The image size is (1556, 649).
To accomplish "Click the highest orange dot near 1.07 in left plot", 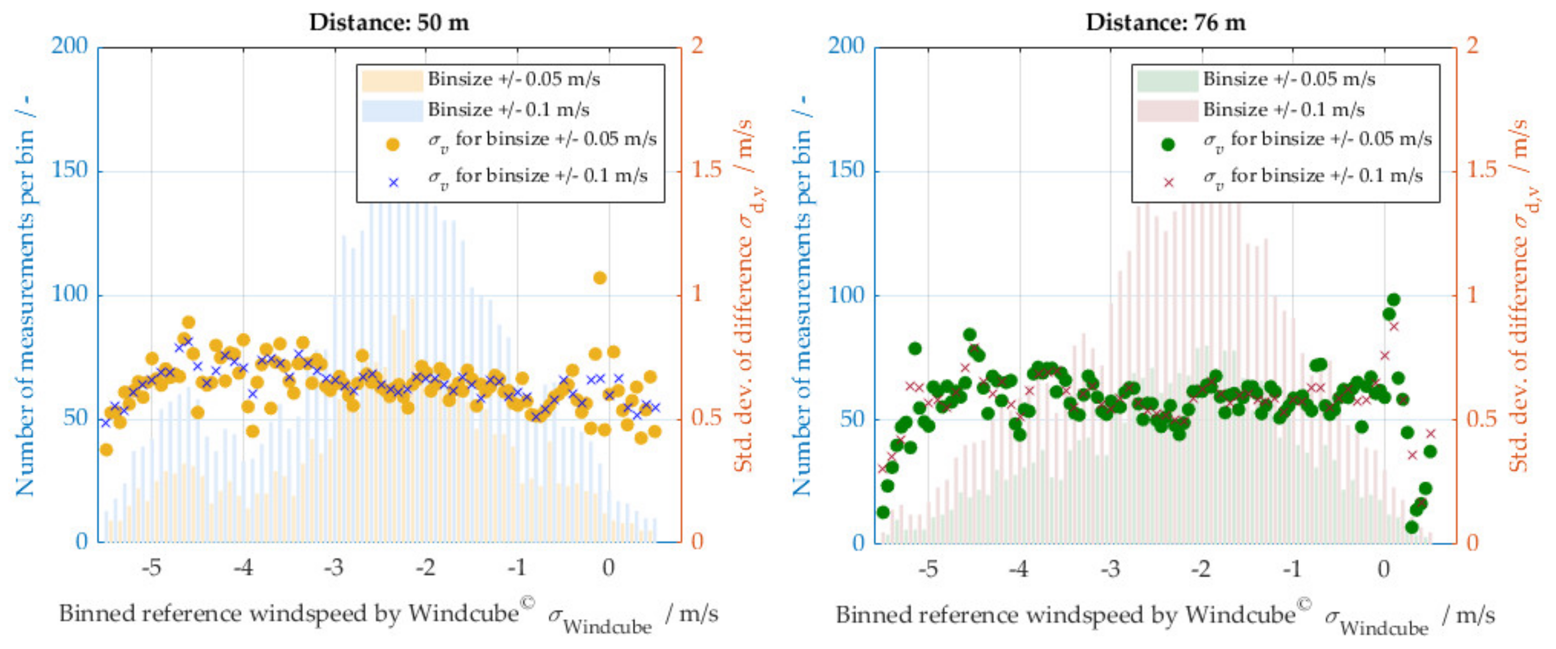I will (599, 278).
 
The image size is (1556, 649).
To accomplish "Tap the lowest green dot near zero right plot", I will (1411, 527).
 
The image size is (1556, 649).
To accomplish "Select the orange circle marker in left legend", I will (392, 145).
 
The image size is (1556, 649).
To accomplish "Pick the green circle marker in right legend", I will (1168, 145).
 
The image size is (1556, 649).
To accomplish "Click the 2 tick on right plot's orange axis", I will (1473, 46).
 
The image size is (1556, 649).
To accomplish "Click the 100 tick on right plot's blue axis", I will (846, 295).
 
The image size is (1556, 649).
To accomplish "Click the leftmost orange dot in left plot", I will (106, 450).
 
